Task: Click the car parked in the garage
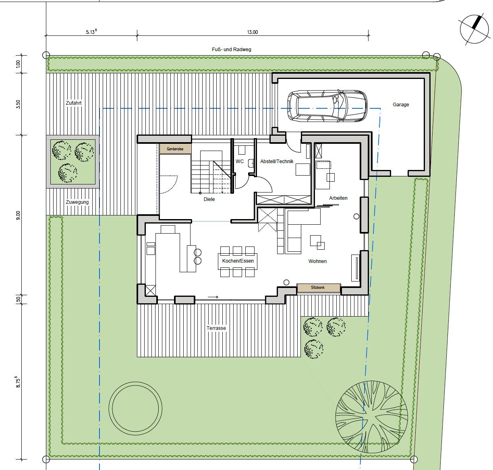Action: click(x=327, y=106)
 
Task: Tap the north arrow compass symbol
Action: click(x=474, y=29)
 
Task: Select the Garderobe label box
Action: click(x=175, y=149)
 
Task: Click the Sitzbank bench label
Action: click(x=318, y=288)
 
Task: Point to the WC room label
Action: click(x=240, y=161)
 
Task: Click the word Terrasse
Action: click(x=216, y=328)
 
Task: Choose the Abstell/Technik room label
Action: click(x=277, y=161)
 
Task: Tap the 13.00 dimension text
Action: click(x=252, y=32)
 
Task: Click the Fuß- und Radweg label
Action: click(x=232, y=50)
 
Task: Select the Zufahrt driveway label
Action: click(x=74, y=103)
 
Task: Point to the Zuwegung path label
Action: click(x=77, y=202)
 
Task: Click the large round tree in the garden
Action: click(x=371, y=416)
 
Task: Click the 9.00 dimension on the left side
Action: click(x=18, y=215)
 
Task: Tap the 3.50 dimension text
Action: click(x=18, y=104)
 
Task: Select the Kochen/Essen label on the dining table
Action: click(x=238, y=261)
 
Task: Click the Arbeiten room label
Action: click(x=338, y=198)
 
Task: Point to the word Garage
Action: click(x=401, y=105)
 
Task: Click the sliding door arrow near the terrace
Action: click(x=213, y=297)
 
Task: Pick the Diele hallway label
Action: click(x=209, y=199)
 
